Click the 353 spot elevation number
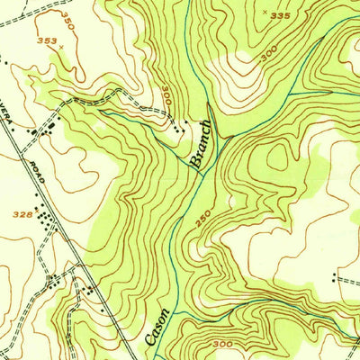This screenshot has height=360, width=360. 47,40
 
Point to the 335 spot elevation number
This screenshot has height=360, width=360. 281,16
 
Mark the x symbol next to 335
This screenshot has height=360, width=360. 264,13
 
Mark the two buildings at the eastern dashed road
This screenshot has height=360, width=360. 339,280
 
